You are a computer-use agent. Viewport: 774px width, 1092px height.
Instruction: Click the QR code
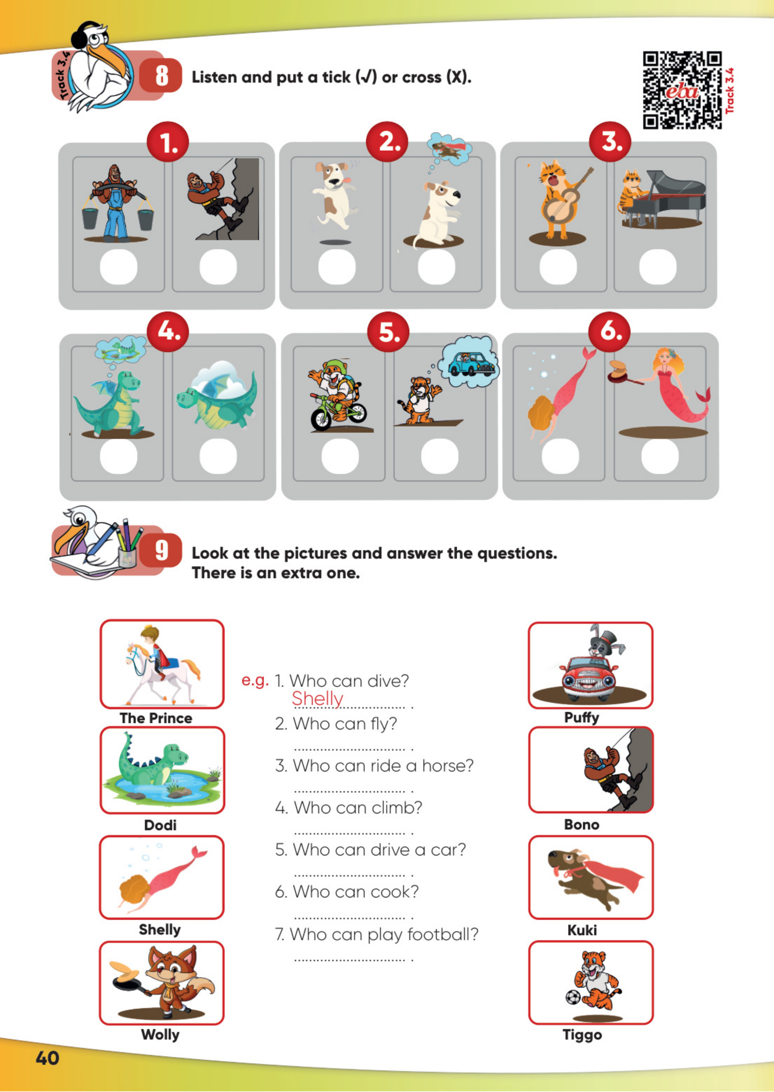[682, 90]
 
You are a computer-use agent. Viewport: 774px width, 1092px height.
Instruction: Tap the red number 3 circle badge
[610, 142]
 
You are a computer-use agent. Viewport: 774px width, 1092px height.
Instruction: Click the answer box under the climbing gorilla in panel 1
[218, 266]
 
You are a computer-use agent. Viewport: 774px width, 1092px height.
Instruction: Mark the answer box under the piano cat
[657, 266]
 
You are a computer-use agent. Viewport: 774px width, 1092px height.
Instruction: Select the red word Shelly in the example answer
[317, 699]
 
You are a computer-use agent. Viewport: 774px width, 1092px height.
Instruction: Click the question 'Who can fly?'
[336, 723]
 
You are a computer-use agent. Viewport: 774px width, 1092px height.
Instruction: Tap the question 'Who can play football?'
[377, 934]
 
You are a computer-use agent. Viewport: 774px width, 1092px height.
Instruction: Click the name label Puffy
[581, 718]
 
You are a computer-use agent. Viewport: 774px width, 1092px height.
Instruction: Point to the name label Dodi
[160, 825]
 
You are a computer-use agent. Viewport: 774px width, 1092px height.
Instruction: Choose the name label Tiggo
[582, 1035]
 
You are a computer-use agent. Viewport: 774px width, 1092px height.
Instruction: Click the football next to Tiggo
[573, 997]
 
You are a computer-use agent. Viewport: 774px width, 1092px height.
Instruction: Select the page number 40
[47, 1058]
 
